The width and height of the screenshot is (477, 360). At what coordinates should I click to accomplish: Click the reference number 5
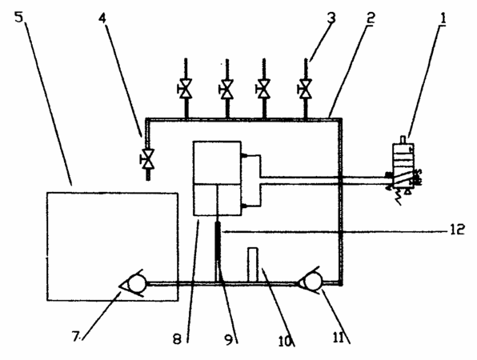pyautogui.click(x=19, y=17)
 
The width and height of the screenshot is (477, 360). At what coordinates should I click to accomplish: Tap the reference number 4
pyautogui.click(x=102, y=18)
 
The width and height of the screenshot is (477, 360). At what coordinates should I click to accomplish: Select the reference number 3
pyautogui.click(x=331, y=18)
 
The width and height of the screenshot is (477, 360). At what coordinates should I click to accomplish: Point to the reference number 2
pyautogui.click(x=370, y=18)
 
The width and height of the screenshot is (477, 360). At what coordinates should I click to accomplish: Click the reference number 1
pyautogui.click(x=443, y=18)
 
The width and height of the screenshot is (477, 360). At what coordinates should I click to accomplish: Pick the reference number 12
pyautogui.click(x=457, y=229)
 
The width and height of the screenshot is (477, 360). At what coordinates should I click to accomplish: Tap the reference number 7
pyautogui.click(x=75, y=336)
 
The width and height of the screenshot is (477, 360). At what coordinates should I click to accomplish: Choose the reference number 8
pyautogui.click(x=177, y=339)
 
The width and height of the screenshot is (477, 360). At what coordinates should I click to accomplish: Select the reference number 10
pyautogui.click(x=285, y=341)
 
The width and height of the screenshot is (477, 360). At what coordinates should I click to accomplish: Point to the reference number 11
pyautogui.click(x=338, y=337)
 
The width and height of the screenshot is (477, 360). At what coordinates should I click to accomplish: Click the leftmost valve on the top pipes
pyautogui.click(x=185, y=89)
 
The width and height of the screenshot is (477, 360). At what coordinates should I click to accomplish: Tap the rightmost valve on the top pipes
pyautogui.click(x=305, y=89)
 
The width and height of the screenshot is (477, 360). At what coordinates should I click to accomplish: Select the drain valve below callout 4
pyautogui.click(x=148, y=158)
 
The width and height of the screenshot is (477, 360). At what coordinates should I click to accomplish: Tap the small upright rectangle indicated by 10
pyautogui.click(x=253, y=265)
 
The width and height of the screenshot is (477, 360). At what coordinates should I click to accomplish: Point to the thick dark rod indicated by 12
pyautogui.click(x=218, y=241)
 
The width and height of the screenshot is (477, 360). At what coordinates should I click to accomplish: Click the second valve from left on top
pyautogui.click(x=226, y=89)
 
